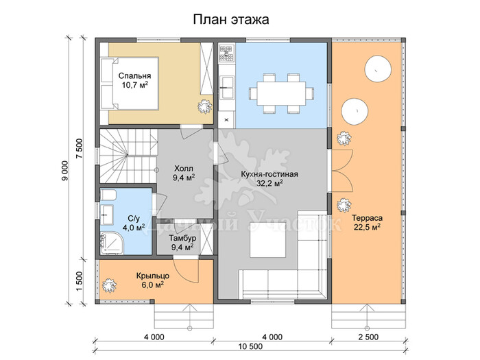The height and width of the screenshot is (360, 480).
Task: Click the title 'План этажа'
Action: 231,20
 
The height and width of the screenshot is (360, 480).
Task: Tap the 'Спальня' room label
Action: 134,75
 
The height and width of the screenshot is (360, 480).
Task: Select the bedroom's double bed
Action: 130,83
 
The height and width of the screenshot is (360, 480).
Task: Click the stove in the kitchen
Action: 226,54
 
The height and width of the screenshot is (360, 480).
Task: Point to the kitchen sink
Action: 227,87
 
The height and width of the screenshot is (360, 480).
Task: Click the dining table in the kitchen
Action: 281,93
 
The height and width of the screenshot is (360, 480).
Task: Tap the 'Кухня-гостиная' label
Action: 269,174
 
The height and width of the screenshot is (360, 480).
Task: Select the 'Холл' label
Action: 184,169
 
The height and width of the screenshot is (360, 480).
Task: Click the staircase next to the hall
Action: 128,156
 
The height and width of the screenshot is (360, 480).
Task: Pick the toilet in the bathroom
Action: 108,195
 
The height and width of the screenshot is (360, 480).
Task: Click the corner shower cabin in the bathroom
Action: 112,243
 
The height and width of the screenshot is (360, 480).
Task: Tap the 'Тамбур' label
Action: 182,238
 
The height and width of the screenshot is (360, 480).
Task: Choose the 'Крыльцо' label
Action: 153,276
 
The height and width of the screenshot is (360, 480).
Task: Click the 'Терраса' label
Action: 367,218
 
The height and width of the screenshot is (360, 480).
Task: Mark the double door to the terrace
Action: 343,171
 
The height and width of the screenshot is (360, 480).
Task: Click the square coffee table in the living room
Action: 268,240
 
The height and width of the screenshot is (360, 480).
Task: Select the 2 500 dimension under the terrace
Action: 368,337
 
